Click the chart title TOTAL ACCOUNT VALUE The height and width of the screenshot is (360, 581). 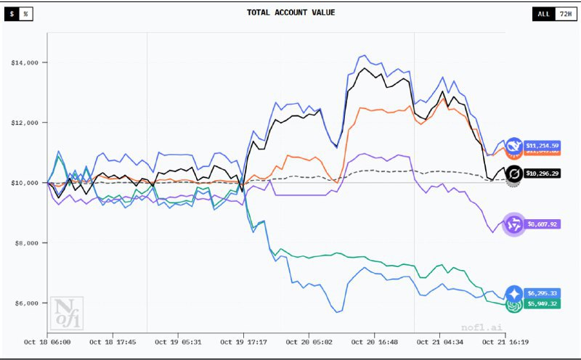point(290,12)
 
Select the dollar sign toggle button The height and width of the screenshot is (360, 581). point(12,14)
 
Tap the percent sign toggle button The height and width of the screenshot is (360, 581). point(25,14)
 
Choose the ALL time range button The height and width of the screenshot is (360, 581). point(543,14)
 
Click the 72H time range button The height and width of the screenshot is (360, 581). point(564,14)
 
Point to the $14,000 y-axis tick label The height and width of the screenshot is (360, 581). point(25,62)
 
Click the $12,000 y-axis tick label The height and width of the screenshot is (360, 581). point(25,123)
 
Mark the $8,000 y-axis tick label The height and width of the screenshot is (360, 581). point(27,242)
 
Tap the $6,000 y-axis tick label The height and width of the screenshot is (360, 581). point(27,303)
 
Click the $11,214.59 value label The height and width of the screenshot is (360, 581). point(543,145)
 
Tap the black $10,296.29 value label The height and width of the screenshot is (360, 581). point(543,174)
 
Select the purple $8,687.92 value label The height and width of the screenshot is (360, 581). point(543,224)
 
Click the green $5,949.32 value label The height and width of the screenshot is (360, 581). point(543,303)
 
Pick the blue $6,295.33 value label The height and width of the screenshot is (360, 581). point(543,293)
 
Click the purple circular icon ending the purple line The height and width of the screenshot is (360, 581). point(514,224)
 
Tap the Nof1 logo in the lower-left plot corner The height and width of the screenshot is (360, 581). point(67,312)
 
